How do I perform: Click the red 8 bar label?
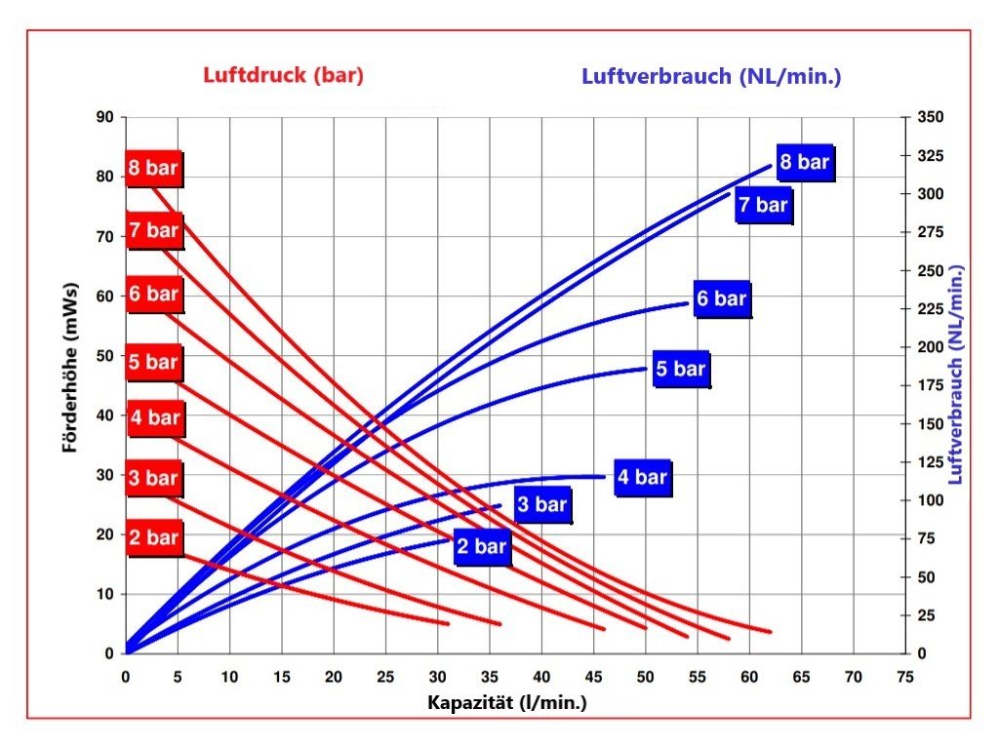(154, 168)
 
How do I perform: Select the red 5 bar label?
(154, 363)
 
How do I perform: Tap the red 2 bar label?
(154, 537)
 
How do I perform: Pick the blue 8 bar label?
(805, 162)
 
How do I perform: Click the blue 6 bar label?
(722, 298)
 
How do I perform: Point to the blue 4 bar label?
(642, 477)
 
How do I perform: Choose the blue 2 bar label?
(483, 546)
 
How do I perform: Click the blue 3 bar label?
(541, 504)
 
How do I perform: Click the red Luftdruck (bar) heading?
(283, 76)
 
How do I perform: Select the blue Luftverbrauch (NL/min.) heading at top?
(711, 76)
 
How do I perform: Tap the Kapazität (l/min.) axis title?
(507, 702)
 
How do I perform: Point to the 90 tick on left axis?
(104, 118)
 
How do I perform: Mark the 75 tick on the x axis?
(904, 676)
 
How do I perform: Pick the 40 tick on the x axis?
(541, 676)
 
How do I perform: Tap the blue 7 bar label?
(762, 205)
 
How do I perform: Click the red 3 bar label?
(154, 479)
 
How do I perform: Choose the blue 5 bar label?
(680, 370)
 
